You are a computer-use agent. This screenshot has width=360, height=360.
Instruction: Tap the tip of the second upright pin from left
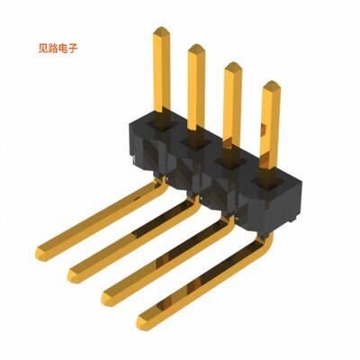tap(195, 49)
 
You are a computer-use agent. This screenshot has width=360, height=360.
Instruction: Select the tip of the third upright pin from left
tap(231, 67)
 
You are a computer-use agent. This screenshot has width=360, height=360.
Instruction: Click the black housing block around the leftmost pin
tap(148, 135)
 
